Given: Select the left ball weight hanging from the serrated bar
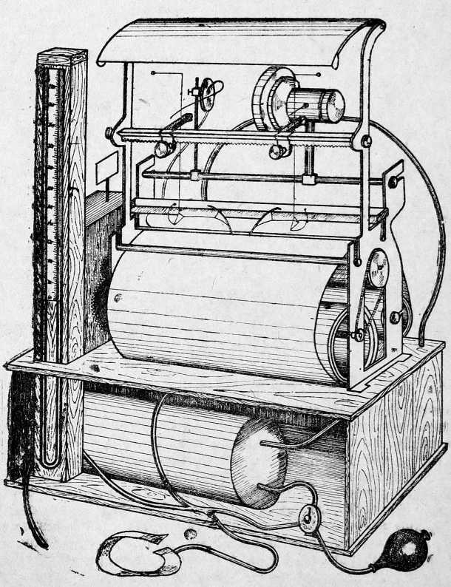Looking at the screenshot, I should coord(161,149).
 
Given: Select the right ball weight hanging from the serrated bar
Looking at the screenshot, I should coord(278,151).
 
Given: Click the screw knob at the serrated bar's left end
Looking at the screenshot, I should coord(109,133).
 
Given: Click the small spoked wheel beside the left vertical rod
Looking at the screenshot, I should coord(211,91).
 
